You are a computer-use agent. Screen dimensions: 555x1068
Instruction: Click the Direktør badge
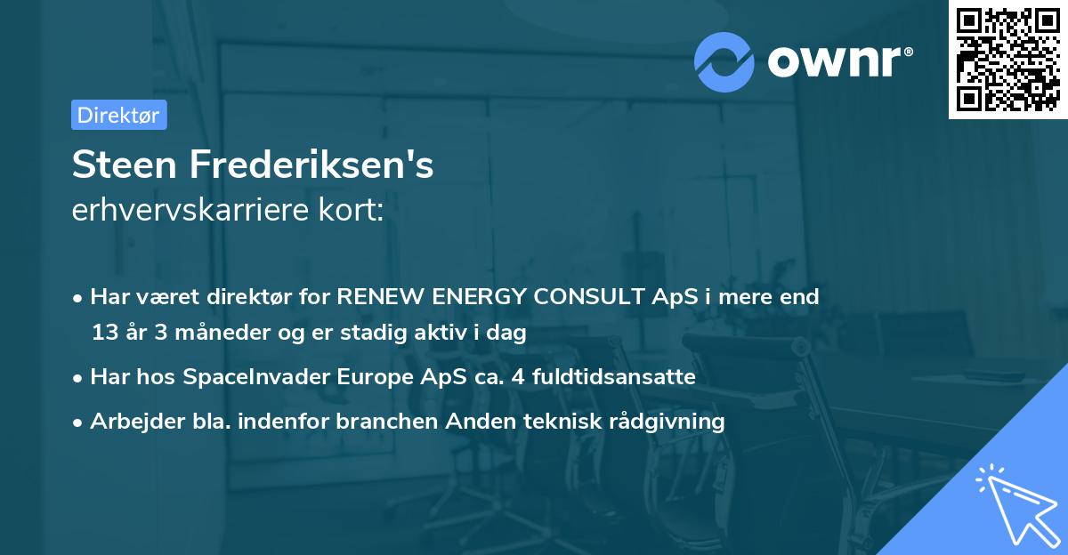click(118, 115)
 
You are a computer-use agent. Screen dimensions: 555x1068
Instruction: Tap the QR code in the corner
click(1007, 59)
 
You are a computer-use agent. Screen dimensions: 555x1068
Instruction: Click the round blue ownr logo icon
click(724, 61)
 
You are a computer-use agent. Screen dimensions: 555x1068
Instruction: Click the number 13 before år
click(105, 333)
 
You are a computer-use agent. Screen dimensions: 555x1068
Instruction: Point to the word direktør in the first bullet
click(247, 297)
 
